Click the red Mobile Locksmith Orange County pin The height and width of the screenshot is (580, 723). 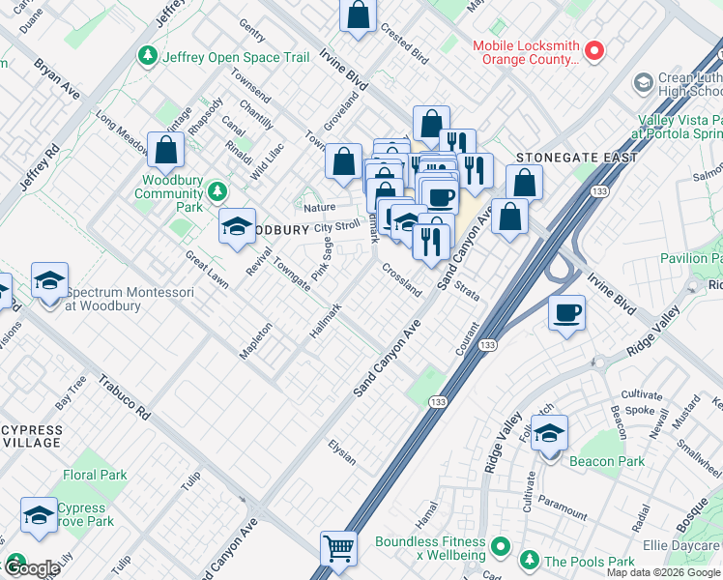pos(595,48)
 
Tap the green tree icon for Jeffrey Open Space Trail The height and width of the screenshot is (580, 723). pos(148,57)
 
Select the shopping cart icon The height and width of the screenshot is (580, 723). pos(339,548)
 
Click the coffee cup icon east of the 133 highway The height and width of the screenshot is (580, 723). pos(566,312)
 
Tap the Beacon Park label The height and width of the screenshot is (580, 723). pos(607,461)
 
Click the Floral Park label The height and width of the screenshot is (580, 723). pos(95,475)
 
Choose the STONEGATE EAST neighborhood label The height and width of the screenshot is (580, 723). pos(576,157)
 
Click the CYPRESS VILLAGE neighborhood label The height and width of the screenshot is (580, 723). pos(31,436)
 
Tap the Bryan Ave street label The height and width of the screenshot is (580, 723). pos(57,77)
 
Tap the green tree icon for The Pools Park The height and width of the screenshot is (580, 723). pos(529,561)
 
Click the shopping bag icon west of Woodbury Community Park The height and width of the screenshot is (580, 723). pos(166,150)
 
